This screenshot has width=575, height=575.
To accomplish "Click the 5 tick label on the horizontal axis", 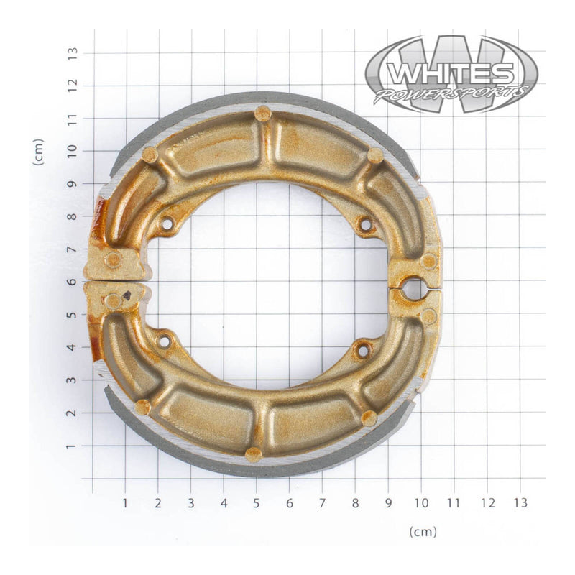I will coord(257,502).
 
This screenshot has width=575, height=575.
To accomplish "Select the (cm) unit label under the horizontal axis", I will coord(423,532).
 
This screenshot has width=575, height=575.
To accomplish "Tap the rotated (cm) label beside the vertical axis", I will coord(39,152).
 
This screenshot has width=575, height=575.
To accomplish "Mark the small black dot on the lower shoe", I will coord(127,295).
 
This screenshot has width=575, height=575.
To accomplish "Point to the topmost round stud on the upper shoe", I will coord(263,113).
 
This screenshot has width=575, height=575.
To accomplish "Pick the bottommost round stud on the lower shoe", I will coord(253,454).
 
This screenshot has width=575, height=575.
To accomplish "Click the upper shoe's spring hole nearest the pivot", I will coord(365,226).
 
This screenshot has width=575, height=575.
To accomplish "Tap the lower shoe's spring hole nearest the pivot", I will coord(363,351).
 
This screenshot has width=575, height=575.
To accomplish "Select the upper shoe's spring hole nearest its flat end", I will coord(167,224).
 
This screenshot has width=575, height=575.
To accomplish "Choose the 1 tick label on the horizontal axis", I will coord(125,502).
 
